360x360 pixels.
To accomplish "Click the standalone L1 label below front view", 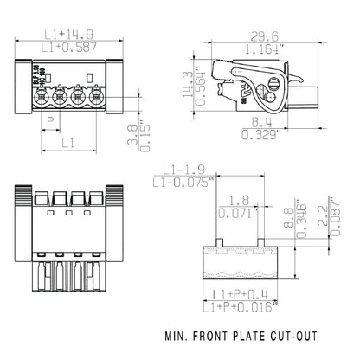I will [67, 139].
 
